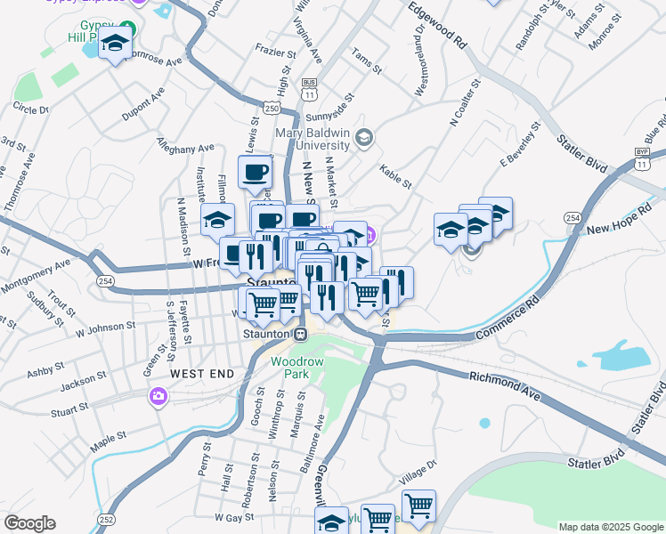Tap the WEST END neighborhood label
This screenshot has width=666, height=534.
click(202, 374)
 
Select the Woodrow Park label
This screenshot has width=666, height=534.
click(289, 368)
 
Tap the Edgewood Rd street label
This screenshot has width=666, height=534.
click(438, 25)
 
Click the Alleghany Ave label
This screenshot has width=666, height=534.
click(185, 145)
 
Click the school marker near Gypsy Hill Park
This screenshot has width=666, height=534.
click(115, 44)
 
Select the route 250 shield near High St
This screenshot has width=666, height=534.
click(272, 108)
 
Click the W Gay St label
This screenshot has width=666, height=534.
click(235, 516)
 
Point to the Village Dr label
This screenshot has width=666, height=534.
click(419, 469)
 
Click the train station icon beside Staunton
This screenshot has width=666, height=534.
click(301, 334)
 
